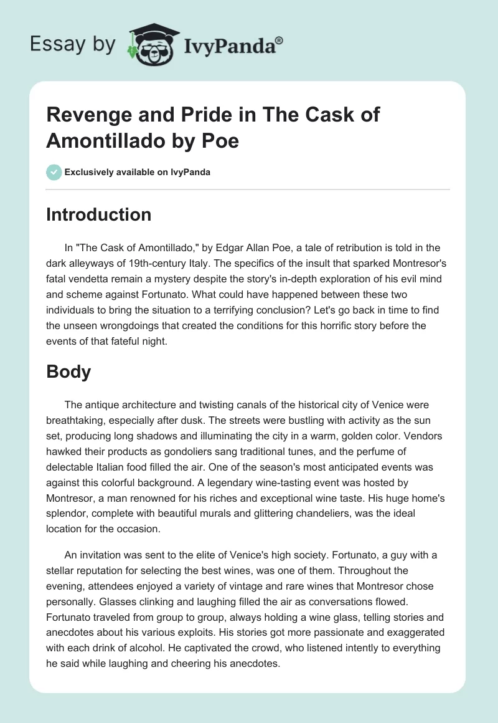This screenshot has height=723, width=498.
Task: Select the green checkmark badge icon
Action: point(54,172)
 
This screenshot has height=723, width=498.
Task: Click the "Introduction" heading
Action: point(99,215)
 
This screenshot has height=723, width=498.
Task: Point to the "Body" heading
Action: point(68,372)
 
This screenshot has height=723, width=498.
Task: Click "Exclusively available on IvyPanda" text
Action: point(137,173)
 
